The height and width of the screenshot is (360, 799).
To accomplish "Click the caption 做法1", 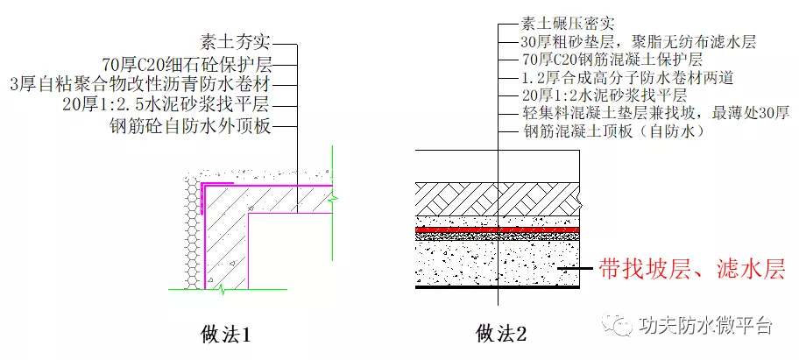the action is [x=226, y=335].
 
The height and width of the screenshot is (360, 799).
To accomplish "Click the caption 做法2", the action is [x=501, y=335].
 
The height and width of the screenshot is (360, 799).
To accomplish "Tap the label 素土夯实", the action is [x=236, y=42].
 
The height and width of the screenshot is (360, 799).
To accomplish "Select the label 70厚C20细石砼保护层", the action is [x=187, y=64].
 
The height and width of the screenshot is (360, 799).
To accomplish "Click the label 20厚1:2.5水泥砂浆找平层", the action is [x=166, y=104].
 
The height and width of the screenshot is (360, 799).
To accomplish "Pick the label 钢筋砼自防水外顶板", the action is [x=190, y=124].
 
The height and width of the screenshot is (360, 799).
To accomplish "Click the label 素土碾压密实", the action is [x=568, y=23].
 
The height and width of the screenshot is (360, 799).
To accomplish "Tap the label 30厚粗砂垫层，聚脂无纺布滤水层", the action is [x=639, y=41].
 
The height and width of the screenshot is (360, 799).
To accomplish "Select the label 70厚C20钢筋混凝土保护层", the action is [x=612, y=59].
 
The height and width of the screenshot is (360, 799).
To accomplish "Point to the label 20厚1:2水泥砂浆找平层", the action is [x=605, y=95].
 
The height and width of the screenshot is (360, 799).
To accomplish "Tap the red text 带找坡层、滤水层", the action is [x=691, y=268].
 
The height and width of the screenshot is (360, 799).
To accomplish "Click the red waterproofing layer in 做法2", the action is [x=498, y=229].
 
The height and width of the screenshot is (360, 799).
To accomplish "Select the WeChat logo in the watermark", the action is [x=617, y=324].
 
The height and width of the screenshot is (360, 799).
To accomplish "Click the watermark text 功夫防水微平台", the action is [x=704, y=325].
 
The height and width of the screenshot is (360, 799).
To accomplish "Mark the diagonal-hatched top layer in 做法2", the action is [x=498, y=199].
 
